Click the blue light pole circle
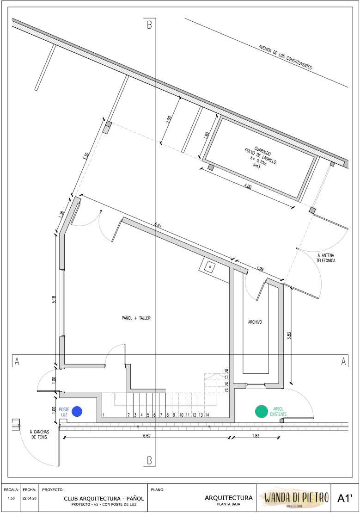(77, 411)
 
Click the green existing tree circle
(262, 412)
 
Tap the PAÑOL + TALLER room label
(136, 318)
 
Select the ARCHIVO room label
(255, 322)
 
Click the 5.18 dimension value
(54, 299)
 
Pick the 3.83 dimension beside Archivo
(289, 336)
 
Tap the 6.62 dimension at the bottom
(147, 435)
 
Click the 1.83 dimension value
(256, 435)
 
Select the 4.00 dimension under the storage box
(248, 187)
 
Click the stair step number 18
(226, 371)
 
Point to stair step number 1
(104, 415)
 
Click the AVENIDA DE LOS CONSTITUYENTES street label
(286, 57)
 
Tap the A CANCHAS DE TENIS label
(39, 434)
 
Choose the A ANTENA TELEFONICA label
(326, 258)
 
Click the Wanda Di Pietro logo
(296, 498)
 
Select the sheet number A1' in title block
(345, 498)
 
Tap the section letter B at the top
(149, 25)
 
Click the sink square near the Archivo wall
(208, 266)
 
